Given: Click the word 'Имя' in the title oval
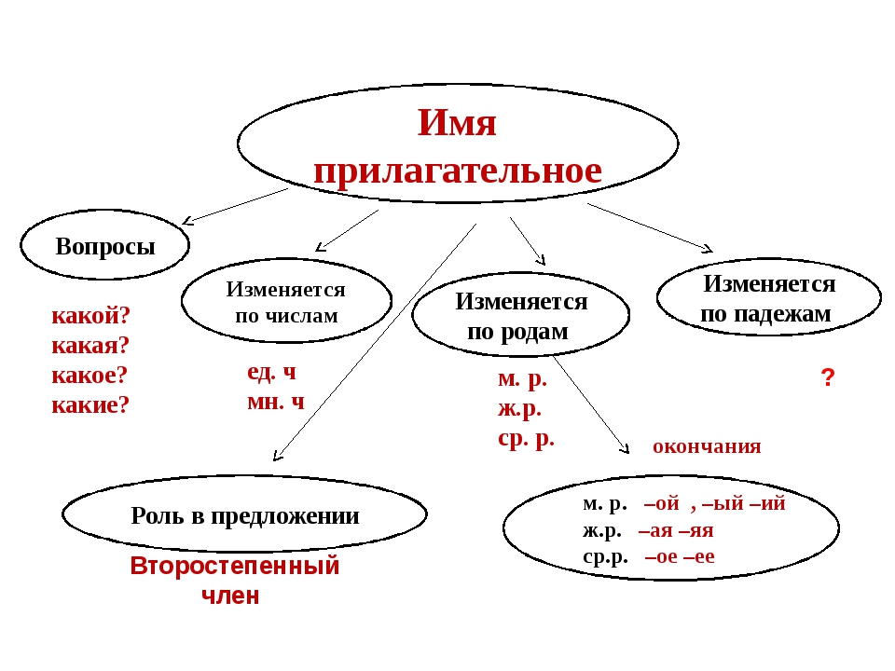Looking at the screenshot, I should coord(457,122).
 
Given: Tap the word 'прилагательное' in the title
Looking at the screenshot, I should coord(457,171).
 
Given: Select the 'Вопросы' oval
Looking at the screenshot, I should coord(104,247).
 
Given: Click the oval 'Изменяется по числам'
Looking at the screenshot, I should coord(285,301).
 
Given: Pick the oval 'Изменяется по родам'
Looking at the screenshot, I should coord(520,315).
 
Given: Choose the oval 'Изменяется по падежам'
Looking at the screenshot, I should coord(768,298).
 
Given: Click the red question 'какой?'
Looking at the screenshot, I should coord(91,315).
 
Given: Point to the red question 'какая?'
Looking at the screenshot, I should coord(91,345).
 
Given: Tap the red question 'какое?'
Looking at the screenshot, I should coord(90,375).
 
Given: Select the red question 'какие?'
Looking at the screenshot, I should coord(90,404).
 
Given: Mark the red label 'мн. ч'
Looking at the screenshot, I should coord(275,402).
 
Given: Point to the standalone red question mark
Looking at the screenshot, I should coord(826,378).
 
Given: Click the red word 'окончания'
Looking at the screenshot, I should coord(707,446).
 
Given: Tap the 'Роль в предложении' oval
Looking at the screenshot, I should coord(244,516).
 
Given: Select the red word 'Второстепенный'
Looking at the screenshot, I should coord(235,566).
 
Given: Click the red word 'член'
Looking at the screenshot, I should coord(230,596).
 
